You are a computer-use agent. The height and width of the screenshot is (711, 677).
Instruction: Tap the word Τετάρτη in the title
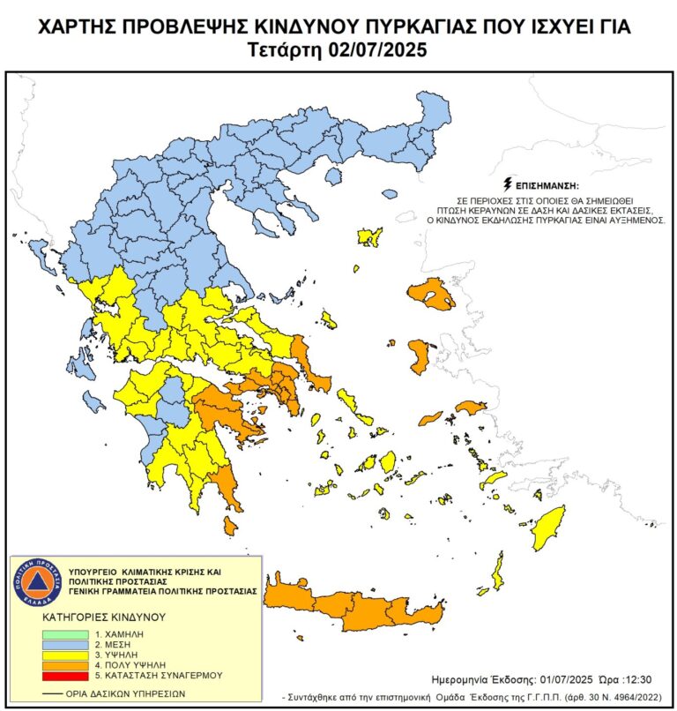click(x=286, y=50)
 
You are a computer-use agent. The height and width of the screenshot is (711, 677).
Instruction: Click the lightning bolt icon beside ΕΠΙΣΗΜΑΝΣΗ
click(x=507, y=185)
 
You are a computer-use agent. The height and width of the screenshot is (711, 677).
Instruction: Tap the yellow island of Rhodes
click(x=548, y=528)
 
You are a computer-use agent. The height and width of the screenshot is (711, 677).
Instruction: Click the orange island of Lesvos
click(x=433, y=294)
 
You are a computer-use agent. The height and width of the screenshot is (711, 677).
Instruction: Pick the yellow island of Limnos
click(x=369, y=236)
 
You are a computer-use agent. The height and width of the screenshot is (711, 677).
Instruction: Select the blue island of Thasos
click(x=333, y=177)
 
